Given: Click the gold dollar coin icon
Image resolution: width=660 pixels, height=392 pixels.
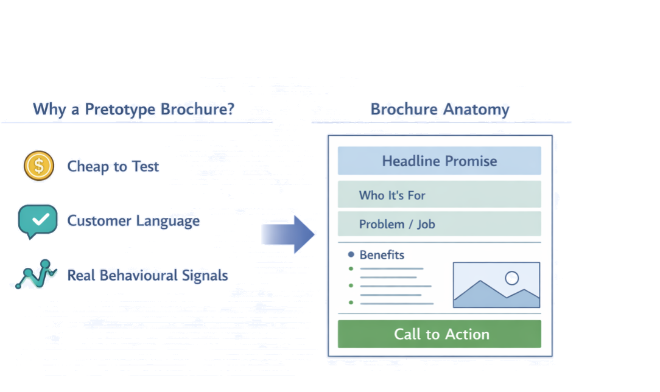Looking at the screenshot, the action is pyautogui.click(x=39, y=166).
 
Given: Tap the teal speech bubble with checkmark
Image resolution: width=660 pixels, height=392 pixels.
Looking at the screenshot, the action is pyautogui.click(x=38, y=220).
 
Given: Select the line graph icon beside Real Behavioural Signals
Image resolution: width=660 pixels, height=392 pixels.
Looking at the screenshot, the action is pyautogui.click(x=36, y=275).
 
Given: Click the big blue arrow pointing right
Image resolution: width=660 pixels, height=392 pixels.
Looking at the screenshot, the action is pyautogui.click(x=288, y=234).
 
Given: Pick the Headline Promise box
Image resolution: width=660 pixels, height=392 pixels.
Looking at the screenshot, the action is pyautogui.click(x=439, y=161).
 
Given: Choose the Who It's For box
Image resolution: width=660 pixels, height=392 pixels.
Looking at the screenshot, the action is pyautogui.click(x=439, y=194).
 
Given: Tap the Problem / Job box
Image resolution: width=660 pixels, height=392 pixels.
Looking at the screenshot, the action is pyautogui.click(x=439, y=223).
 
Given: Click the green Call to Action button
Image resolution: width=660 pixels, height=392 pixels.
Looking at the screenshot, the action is pyautogui.click(x=439, y=334).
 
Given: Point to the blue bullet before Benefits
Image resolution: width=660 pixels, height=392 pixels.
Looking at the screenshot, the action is pyautogui.click(x=351, y=254).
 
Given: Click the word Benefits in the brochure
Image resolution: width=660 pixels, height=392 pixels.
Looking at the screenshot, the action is pyautogui.click(x=382, y=255).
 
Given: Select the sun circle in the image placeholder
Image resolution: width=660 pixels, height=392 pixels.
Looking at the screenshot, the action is pyautogui.click(x=512, y=278).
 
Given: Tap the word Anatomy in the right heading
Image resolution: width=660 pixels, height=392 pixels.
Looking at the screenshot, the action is pyautogui.click(x=476, y=110).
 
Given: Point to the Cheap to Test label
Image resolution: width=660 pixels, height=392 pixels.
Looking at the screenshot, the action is pyautogui.click(x=113, y=166).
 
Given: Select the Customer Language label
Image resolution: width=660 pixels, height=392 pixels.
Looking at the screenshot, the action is pyautogui.click(x=133, y=221).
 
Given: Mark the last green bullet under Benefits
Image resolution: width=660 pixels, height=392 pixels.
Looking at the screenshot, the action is pyautogui.click(x=351, y=303).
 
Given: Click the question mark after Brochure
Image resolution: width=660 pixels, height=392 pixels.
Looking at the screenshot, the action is pyautogui.click(x=230, y=109).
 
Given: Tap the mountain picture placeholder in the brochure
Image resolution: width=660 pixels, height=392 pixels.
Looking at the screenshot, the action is pyautogui.click(x=496, y=285).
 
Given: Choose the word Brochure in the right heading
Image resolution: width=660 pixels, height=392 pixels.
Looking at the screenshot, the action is pyautogui.click(x=404, y=109).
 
